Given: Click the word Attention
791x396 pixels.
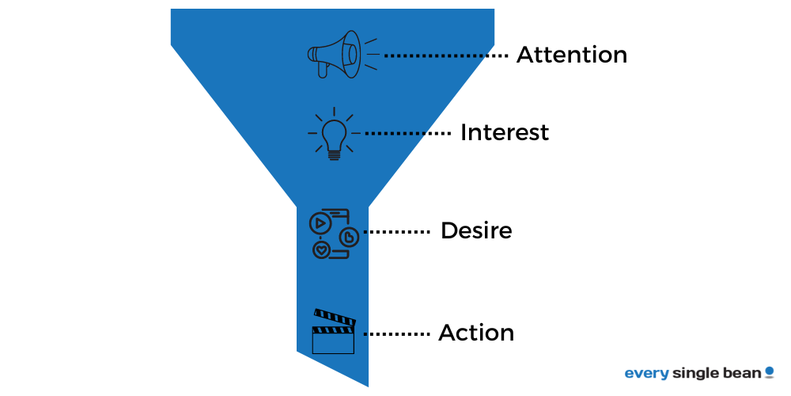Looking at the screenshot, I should click(571, 55).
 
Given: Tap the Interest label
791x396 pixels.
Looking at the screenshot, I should click(504, 132).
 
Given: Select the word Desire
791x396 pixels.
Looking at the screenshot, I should click(476, 231).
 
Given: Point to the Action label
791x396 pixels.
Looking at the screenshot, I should click(476, 333).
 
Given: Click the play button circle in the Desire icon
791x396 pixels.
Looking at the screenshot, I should click(319, 223).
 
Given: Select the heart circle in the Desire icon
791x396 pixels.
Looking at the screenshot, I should click(321, 249).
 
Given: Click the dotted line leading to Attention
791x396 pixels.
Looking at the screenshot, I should click(445, 56).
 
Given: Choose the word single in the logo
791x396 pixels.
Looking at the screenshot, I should click(693, 373).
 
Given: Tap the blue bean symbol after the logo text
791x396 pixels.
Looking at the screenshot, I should click(769, 371).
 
